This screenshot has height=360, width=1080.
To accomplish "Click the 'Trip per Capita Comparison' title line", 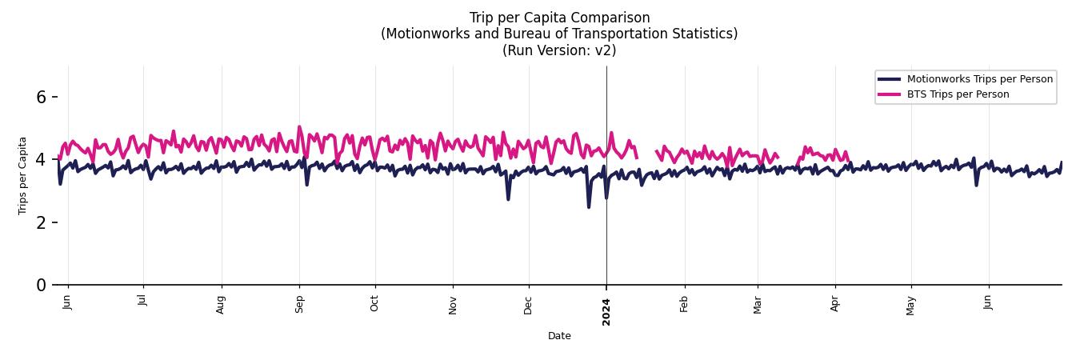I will [x=559, y=18].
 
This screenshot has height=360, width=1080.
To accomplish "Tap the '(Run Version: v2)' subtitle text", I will [x=559, y=50].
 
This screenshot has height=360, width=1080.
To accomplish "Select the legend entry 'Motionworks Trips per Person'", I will [x=979, y=78].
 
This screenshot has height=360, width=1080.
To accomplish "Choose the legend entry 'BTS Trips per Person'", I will [x=958, y=94].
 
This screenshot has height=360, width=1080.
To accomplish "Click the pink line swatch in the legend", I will [x=889, y=94].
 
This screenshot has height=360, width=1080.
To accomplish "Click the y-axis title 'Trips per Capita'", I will [x=23, y=175].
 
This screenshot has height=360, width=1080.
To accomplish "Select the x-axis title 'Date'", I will [x=559, y=336].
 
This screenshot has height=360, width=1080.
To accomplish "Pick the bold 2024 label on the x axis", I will [x=606, y=311].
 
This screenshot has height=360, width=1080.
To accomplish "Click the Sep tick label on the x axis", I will [x=300, y=304].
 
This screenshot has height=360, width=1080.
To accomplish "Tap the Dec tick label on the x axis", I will [x=529, y=305].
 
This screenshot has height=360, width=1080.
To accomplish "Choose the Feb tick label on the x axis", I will [x=684, y=304].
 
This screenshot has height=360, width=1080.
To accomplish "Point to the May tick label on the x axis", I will [x=911, y=305].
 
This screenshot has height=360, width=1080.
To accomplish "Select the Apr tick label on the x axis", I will [x=836, y=304].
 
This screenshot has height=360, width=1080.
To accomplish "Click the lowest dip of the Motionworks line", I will [x=589, y=207].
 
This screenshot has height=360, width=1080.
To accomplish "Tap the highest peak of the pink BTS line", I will [x=299, y=126].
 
